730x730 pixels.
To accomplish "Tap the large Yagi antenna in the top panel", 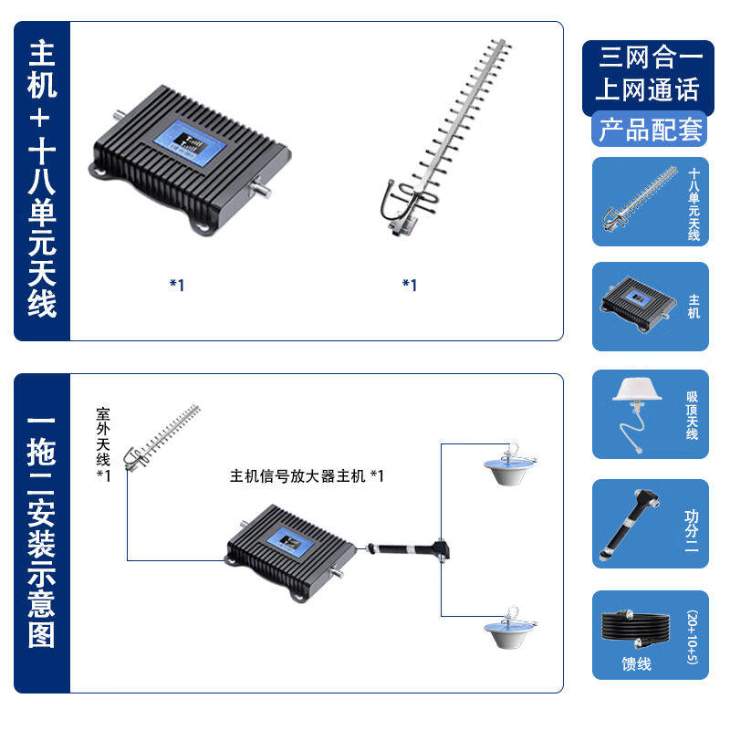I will pos(444,137).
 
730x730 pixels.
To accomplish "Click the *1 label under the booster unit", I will pos(177,285).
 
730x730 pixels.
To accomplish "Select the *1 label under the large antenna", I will pos(410,285).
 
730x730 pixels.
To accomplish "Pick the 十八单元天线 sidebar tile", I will pos(650,202).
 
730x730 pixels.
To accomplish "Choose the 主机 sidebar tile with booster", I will pos(650,307).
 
